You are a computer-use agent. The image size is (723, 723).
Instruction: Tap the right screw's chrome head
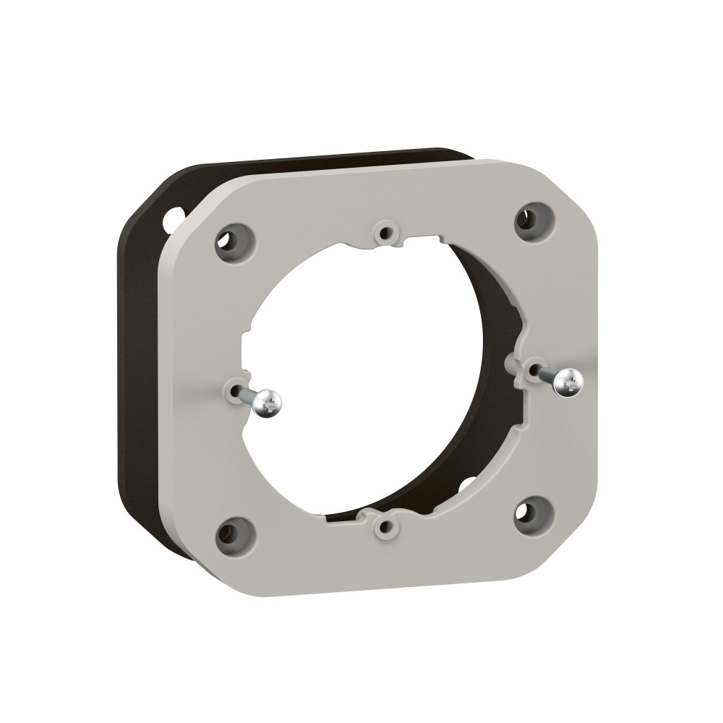569,381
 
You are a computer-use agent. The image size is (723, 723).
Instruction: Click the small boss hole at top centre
385,233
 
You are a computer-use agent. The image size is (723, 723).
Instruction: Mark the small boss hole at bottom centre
387,526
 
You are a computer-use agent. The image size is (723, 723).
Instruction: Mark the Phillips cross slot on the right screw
570,382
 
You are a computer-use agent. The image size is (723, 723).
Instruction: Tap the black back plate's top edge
304,158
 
